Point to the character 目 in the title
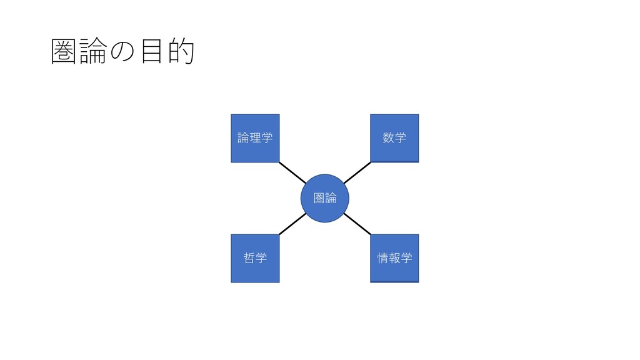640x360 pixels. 151,52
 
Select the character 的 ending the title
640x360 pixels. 180,52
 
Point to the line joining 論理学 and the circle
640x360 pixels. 292,172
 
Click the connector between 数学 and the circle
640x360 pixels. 357,172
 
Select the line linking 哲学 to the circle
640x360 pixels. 292,224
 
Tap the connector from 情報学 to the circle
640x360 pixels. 357,224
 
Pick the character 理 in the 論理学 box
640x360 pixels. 255,137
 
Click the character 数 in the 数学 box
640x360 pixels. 389,137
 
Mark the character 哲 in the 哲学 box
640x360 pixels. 249,257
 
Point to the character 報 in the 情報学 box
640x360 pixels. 394,257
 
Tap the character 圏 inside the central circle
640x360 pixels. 319,198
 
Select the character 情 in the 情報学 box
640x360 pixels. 383,257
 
